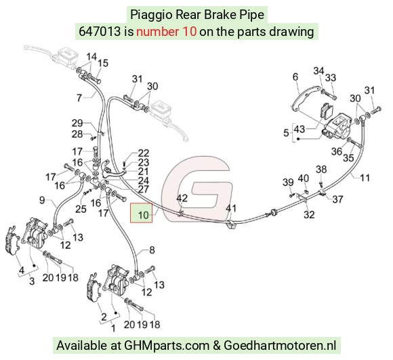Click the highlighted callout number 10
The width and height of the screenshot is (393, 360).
click(x=144, y=215)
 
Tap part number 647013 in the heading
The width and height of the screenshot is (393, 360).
click(x=100, y=32)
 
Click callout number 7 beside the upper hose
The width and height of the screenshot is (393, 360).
click(x=79, y=98)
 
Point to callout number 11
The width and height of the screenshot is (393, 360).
click(x=365, y=178)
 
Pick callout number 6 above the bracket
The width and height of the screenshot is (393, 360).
click(x=295, y=77)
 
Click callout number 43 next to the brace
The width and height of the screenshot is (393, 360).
click(x=299, y=129)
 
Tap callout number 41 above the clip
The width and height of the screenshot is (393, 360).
click(x=231, y=208)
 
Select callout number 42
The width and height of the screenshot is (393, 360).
click(x=182, y=198)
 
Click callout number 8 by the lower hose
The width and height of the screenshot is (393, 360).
click(x=152, y=250)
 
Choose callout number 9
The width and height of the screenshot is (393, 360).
click(x=42, y=200)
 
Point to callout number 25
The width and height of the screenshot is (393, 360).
click(x=81, y=209)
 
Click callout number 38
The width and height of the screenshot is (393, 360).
click(x=321, y=169)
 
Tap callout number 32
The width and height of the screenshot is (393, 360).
click(x=309, y=215)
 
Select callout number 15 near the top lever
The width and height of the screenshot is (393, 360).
click(x=103, y=63)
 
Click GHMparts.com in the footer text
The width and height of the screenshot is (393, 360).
click(x=167, y=346)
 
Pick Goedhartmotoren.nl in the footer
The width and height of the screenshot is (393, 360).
click(x=280, y=345)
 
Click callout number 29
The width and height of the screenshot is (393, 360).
click(x=77, y=123)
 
